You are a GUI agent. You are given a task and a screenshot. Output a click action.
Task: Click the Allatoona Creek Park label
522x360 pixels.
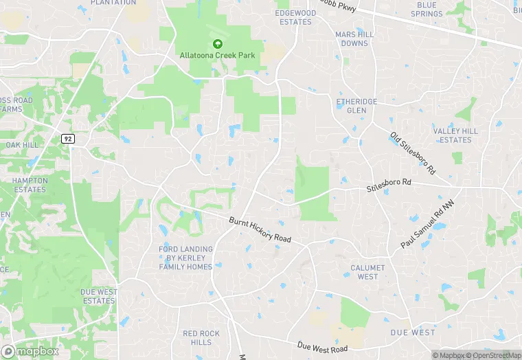(218, 55)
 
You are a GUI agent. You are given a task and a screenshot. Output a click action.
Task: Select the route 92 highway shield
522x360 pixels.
(67, 138)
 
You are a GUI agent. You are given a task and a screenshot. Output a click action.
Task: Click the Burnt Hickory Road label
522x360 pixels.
(260, 229)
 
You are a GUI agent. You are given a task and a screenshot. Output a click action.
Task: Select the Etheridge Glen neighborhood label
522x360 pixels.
(356, 106)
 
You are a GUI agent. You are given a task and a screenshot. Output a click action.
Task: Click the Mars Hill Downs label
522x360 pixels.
(355, 38)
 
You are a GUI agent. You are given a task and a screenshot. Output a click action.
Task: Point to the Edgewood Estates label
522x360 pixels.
(293, 17)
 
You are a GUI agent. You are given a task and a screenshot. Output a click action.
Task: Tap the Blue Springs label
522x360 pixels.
(427, 10)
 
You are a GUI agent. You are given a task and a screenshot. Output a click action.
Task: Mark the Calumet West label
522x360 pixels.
(367, 272)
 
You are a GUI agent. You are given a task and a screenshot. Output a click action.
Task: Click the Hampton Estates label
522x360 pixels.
(30, 185)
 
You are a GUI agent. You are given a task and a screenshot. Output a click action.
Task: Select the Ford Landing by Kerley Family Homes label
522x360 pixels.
(185, 258)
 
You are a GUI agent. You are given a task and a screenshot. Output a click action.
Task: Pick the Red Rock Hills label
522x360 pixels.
(201, 338)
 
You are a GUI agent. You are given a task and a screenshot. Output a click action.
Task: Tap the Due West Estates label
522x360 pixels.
(98, 296)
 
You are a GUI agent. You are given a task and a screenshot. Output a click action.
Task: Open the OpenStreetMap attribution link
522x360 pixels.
(494, 355)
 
